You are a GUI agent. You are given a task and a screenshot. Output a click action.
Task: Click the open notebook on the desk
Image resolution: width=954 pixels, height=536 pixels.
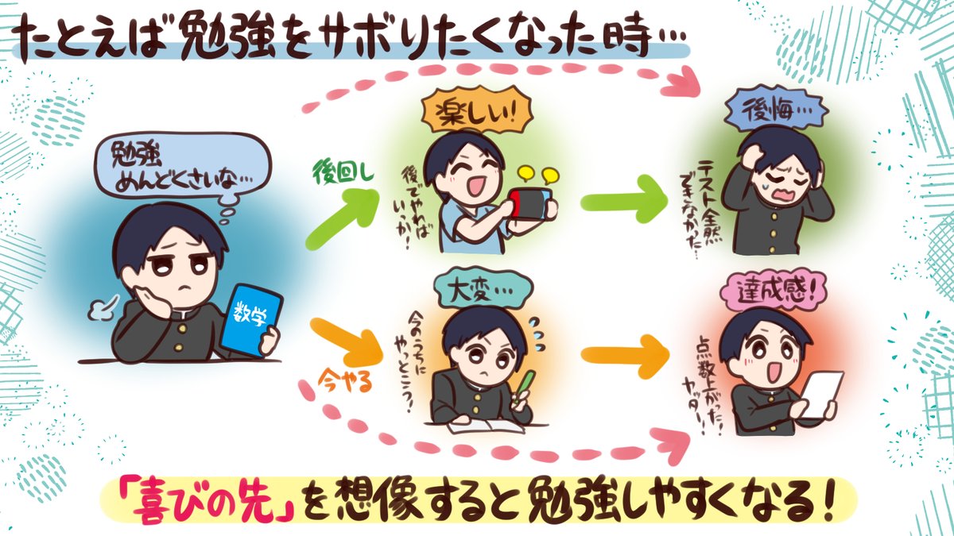click(x=484, y=424)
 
